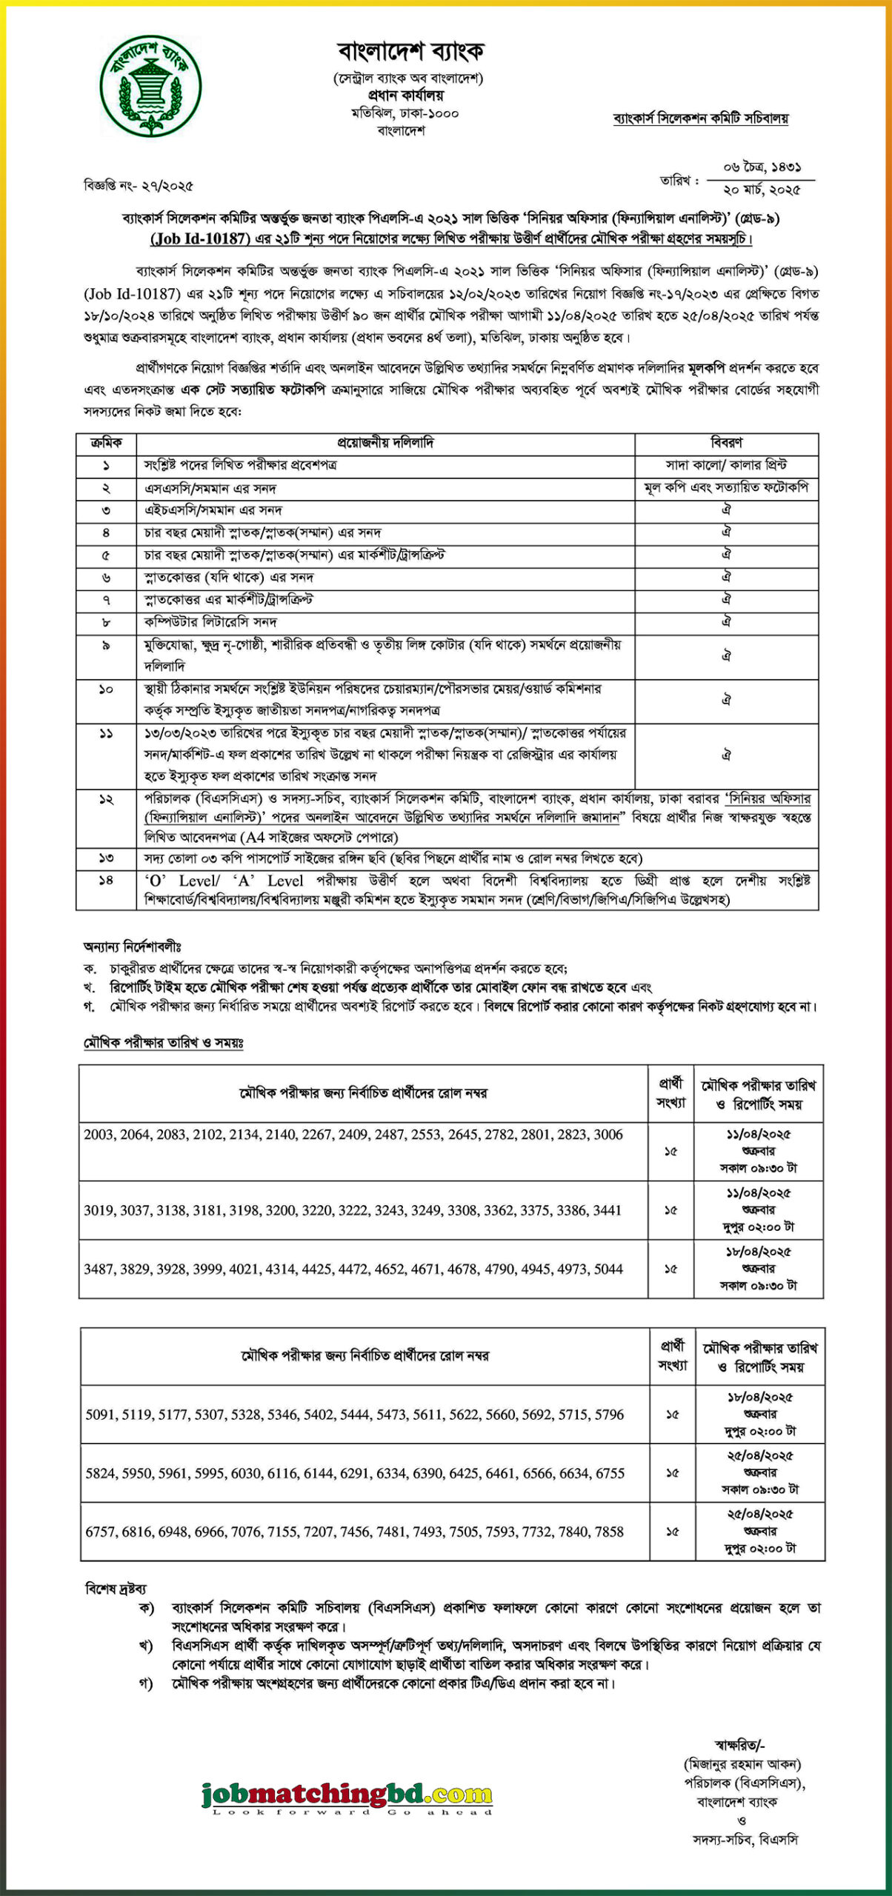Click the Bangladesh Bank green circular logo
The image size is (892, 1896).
click(x=151, y=85)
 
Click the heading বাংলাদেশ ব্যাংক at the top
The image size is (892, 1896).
click(x=410, y=51)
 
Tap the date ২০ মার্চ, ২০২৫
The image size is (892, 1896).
click(x=762, y=190)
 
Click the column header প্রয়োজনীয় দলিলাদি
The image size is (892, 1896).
click(x=385, y=443)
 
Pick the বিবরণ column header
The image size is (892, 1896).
click(x=726, y=443)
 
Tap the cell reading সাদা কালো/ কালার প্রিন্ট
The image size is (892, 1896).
click(x=726, y=465)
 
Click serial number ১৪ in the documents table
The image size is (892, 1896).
click(x=106, y=881)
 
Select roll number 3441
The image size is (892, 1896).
click(x=607, y=1210)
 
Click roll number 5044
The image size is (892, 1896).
click(x=608, y=1269)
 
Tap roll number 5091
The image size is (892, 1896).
click(x=101, y=1414)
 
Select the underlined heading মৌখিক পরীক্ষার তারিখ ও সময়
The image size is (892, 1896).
click(x=162, y=1043)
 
